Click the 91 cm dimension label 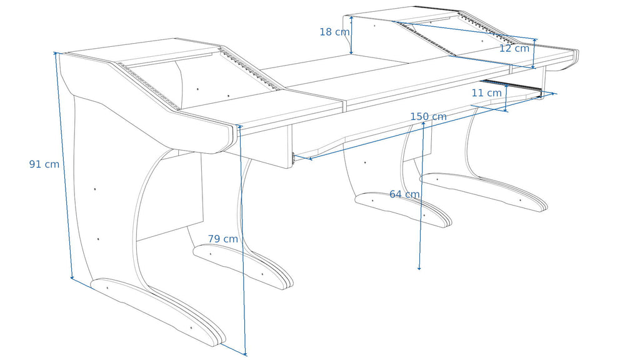44,164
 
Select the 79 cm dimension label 223,239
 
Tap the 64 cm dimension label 404,194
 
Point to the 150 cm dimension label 428,117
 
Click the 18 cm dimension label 334,32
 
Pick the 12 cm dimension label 514,48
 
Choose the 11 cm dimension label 486,93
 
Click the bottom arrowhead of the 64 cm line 419,267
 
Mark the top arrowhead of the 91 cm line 56,54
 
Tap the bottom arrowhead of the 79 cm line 245,353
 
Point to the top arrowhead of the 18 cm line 351,18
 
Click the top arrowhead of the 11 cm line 506,86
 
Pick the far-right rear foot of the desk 484,191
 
